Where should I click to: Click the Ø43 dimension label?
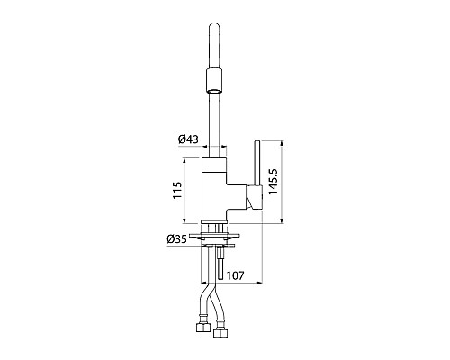pos(188,139)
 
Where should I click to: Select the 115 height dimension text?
pos(177,190)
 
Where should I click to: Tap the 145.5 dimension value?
pos(274,182)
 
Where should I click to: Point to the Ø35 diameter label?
pos(176,239)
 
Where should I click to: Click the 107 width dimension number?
pos(235,275)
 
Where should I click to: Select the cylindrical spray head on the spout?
pos(214,81)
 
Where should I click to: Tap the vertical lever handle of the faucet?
pos(257,163)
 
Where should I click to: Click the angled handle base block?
pos(255,197)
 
